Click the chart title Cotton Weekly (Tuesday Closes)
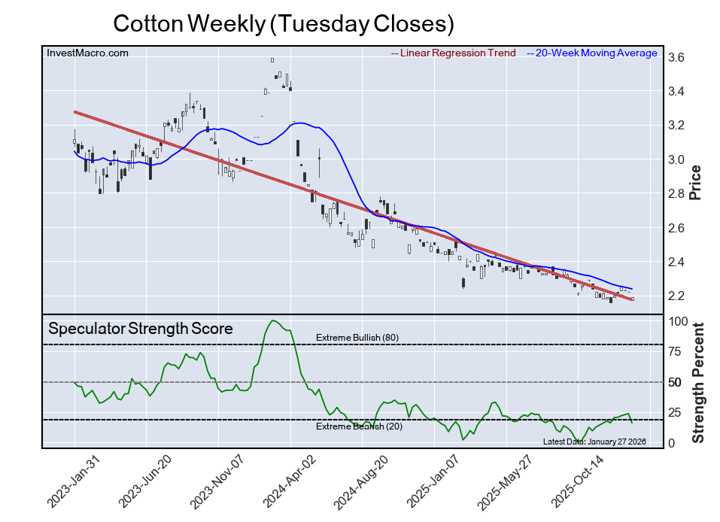point(283,24)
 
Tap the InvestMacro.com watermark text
point(88,53)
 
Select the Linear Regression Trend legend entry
point(454,53)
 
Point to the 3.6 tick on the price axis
point(676,57)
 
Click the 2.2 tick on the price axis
point(676,296)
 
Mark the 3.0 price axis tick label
point(676,159)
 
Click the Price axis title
point(695,181)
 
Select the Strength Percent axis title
point(697,383)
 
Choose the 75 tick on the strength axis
point(676,351)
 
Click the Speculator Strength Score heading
point(141,329)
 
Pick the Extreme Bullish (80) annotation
point(357,338)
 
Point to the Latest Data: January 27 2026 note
point(594,442)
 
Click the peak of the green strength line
point(272,320)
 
